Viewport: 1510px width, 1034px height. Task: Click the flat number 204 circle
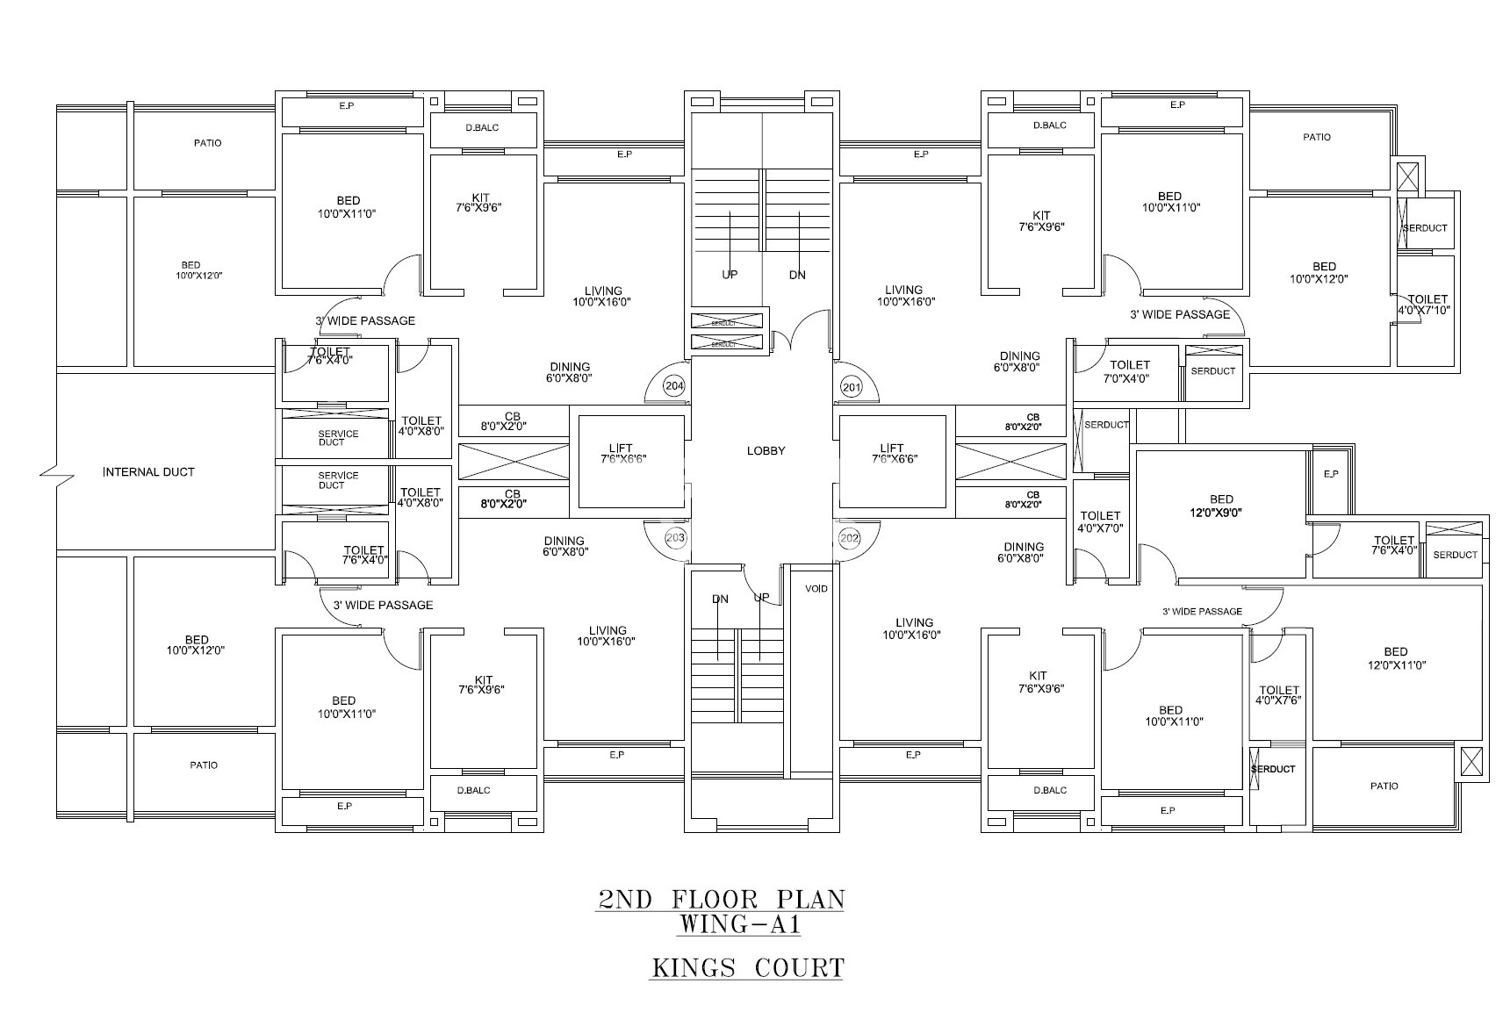click(x=674, y=386)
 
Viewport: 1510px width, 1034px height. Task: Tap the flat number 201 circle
click(x=850, y=386)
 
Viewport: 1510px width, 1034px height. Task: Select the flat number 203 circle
click(x=675, y=537)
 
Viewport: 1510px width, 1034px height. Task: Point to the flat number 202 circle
click(x=849, y=537)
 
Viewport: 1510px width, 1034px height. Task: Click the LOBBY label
click(x=766, y=451)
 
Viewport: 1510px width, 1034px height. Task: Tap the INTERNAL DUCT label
click(x=148, y=472)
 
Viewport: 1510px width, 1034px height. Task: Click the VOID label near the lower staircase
click(x=816, y=589)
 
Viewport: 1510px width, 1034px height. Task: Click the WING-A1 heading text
click(x=740, y=925)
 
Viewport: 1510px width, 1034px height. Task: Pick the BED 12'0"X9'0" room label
click(x=1220, y=506)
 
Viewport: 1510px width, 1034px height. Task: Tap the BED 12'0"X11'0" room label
click(x=1395, y=658)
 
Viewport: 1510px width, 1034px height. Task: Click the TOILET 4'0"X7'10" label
click(x=1427, y=305)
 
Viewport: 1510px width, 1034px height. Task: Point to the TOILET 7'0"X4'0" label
click(x=1129, y=371)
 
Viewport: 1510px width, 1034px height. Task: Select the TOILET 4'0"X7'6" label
click(x=1278, y=695)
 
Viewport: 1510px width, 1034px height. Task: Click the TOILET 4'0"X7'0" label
click(x=1100, y=522)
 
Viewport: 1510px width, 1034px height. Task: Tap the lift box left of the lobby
click(x=629, y=461)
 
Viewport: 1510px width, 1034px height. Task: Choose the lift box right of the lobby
click(x=894, y=461)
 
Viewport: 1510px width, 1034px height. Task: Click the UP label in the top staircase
click(x=730, y=275)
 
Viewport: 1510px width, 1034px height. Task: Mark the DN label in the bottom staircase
click(x=720, y=600)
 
